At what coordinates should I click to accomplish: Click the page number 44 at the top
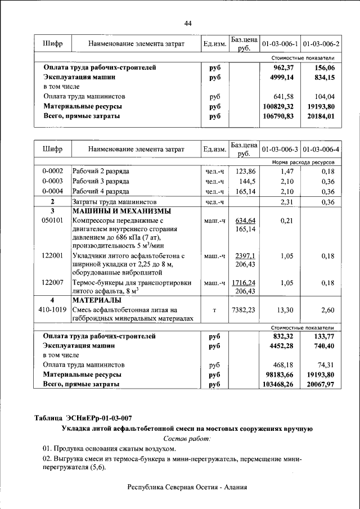click(x=188, y=22)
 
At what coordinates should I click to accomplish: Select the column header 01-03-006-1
click(x=280, y=43)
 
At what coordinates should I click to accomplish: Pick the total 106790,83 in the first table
click(x=279, y=115)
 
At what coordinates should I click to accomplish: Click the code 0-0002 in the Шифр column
click(x=52, y=170)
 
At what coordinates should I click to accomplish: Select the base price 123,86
click(x=245, y=170)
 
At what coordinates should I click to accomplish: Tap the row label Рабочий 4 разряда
click(x=101, y=192)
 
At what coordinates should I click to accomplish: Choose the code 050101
click(x=52, y=220)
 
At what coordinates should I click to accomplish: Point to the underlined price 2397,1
click(x=245, y=255)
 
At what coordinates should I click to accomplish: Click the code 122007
click(x=52, y=282)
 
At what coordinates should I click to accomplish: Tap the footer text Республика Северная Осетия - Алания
click(x=187, y=487)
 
